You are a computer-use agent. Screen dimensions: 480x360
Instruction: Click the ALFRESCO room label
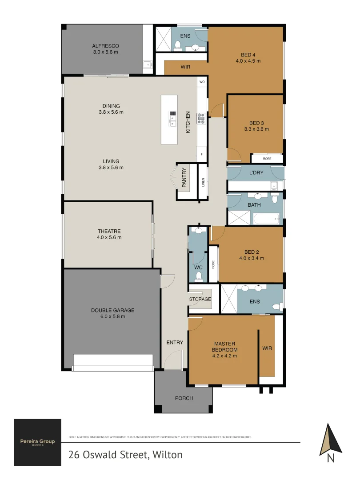point(105,46)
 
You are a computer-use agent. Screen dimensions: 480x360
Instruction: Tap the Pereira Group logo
point(37,441)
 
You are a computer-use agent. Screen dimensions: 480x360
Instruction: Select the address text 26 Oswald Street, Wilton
point(125,455)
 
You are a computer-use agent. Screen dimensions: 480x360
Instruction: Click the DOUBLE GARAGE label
point(112,310)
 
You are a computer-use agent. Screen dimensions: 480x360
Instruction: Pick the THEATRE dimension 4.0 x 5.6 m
point(109,237)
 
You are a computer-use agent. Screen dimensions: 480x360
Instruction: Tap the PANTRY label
point(184,177)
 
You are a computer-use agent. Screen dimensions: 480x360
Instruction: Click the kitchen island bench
point(169,119)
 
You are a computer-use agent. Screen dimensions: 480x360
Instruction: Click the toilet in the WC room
point(199,276)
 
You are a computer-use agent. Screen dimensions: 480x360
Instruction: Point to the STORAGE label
point(200,299)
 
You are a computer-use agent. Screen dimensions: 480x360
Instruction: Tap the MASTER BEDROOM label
point(224,347)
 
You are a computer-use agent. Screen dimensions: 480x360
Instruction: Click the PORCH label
point(184,398)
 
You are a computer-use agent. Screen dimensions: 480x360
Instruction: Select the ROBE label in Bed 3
point(267,158)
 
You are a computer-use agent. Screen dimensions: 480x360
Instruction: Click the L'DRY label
point(256,172)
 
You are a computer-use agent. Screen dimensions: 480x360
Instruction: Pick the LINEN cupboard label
point(203,182)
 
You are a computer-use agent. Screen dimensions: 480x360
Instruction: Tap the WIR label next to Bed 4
point(186,67)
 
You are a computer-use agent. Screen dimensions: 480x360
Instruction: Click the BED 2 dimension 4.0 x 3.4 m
point(252,258)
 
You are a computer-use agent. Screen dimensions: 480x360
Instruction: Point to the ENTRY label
point(175,342)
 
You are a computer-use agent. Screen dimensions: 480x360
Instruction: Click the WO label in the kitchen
point(202,82)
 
